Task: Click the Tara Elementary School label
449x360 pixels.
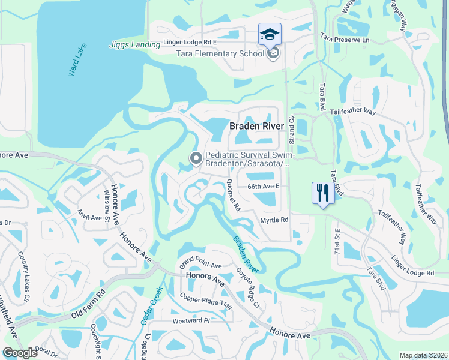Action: click(219, 53)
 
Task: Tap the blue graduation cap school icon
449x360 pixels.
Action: click(269, 34)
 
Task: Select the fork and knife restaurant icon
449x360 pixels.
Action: click(323, 194)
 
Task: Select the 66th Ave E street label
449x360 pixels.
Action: click(264, 187)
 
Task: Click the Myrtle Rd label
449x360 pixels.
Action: click(274, 220)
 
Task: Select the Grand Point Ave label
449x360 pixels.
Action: click(201, 265)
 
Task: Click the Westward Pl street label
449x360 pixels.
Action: click(190, 320)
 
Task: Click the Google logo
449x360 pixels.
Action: click(20, 352)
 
